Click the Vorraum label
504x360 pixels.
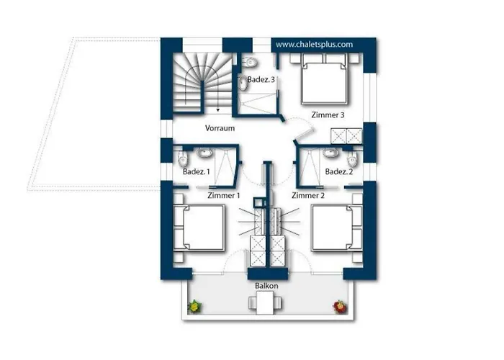point(220,128)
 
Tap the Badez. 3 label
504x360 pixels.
point(261,79)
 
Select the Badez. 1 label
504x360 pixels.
point(196,171)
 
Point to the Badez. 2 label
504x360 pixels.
point(339,171)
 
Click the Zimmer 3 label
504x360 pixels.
point(328,114)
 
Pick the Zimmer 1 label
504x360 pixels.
point(224,195)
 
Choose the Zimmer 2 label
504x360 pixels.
point(308,195)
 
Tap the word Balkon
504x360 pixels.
point(266,286)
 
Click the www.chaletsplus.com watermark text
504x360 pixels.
point(314,45)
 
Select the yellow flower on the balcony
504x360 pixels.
point(194,306)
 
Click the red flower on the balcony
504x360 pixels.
point(339,307)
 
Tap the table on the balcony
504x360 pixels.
point(265,302)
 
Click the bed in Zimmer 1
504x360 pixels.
point(199,228)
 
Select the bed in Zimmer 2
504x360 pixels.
point(337,228)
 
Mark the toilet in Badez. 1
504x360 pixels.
point(183,158)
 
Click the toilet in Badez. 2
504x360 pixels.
point(352,158)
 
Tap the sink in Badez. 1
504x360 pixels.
point(204,153)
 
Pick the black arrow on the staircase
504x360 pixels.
point(218,110)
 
